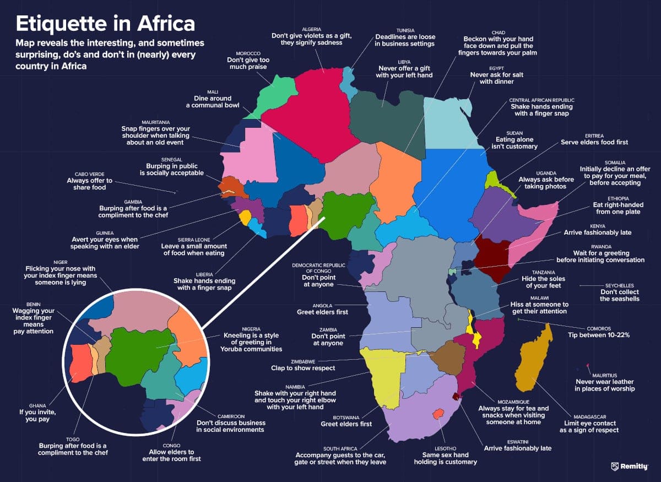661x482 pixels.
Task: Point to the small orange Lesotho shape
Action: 438,413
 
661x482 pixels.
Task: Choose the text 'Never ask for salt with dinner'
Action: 492,78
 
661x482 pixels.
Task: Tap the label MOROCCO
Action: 248,53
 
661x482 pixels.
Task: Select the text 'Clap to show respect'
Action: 303,367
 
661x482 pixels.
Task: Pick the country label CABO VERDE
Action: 90,174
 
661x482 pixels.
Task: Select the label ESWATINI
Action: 517,441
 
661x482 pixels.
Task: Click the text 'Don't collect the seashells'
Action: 620,295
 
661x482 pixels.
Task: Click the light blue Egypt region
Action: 449,121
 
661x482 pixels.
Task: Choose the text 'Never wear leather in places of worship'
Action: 605,385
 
